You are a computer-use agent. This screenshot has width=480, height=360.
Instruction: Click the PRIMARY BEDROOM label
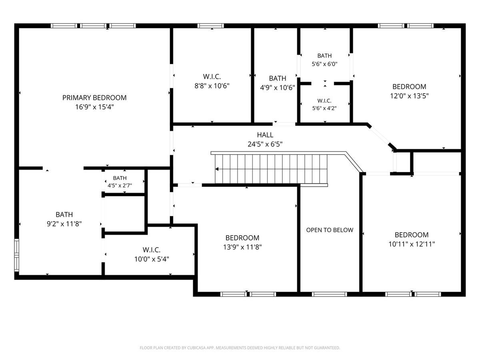pos(94,98)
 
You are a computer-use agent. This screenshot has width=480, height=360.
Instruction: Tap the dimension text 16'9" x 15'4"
pos(94,107)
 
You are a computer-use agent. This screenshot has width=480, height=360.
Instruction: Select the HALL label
pos(265,135)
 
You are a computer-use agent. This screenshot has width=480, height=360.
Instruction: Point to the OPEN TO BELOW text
pos(330,230)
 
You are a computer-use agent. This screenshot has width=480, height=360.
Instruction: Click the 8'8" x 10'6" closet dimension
pos(212,86)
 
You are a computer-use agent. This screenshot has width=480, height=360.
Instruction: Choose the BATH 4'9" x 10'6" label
pos(278,83)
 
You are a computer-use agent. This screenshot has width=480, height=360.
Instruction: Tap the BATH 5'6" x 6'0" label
pos(324,60)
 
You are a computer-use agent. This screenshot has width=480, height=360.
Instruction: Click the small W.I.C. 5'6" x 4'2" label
pos(324,104)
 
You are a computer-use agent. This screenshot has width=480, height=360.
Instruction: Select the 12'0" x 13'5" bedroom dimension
pos(409,96)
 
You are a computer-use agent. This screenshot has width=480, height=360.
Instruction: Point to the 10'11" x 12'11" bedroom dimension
pos(412,244)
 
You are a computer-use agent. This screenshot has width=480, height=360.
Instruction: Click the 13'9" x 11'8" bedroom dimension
pos(242,247)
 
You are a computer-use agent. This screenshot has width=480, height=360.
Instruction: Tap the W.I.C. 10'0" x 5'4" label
pos(152,254)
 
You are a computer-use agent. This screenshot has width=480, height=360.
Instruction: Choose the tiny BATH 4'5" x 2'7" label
pos(120,182)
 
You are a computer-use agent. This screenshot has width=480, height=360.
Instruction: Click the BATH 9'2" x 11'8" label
pos(64,219)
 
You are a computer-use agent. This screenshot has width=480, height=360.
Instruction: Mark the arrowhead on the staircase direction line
pos(217,169)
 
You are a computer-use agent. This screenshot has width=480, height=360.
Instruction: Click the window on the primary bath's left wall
pos(17,255)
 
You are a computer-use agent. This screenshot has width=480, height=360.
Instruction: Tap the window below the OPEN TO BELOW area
pos(329,294)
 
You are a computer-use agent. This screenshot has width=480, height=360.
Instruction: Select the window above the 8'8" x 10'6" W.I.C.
pos(210,26)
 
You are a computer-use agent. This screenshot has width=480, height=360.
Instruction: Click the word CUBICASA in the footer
pos(196,348)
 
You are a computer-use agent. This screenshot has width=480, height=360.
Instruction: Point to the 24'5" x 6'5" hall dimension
pos(265,144)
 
